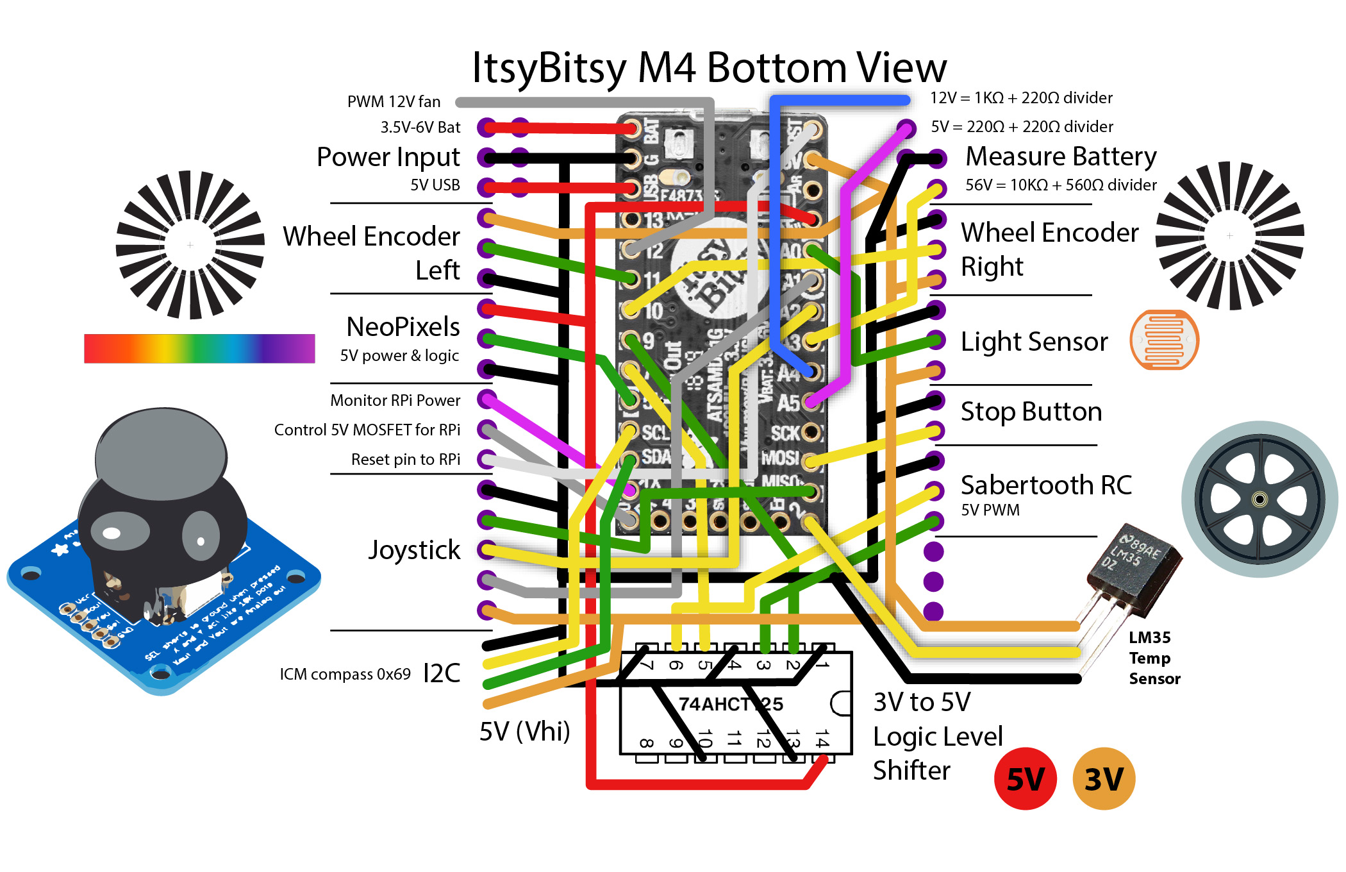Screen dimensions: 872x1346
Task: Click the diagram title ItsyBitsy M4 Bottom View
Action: point(709,67)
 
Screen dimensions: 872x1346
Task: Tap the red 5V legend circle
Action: point(1025,779)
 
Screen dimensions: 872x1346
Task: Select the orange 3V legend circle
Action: point(1104,779)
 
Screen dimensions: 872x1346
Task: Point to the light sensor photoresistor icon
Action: point(1164,340)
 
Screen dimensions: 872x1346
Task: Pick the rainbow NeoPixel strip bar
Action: point(199,348)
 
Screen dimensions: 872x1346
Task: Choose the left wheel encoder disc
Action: point(190,245)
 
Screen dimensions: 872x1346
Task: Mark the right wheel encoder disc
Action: point(1229,236)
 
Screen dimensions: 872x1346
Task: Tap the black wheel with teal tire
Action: point(1259,499)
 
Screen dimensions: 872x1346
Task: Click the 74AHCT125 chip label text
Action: point(731,704)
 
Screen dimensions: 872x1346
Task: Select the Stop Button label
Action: point(1031,412)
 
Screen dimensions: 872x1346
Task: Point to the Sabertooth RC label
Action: point(1046,485)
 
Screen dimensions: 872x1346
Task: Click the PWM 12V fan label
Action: point(394,102)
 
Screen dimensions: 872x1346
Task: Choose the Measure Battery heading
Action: point(1061,156)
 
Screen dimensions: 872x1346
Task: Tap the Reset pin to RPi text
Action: point(405,460)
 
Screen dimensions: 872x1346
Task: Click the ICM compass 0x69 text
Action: point(345,675)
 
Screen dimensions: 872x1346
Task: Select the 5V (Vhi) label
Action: point(524,732)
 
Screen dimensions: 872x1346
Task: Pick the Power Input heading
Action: point(388,157)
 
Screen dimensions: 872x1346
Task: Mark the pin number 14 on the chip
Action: point(821,739)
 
